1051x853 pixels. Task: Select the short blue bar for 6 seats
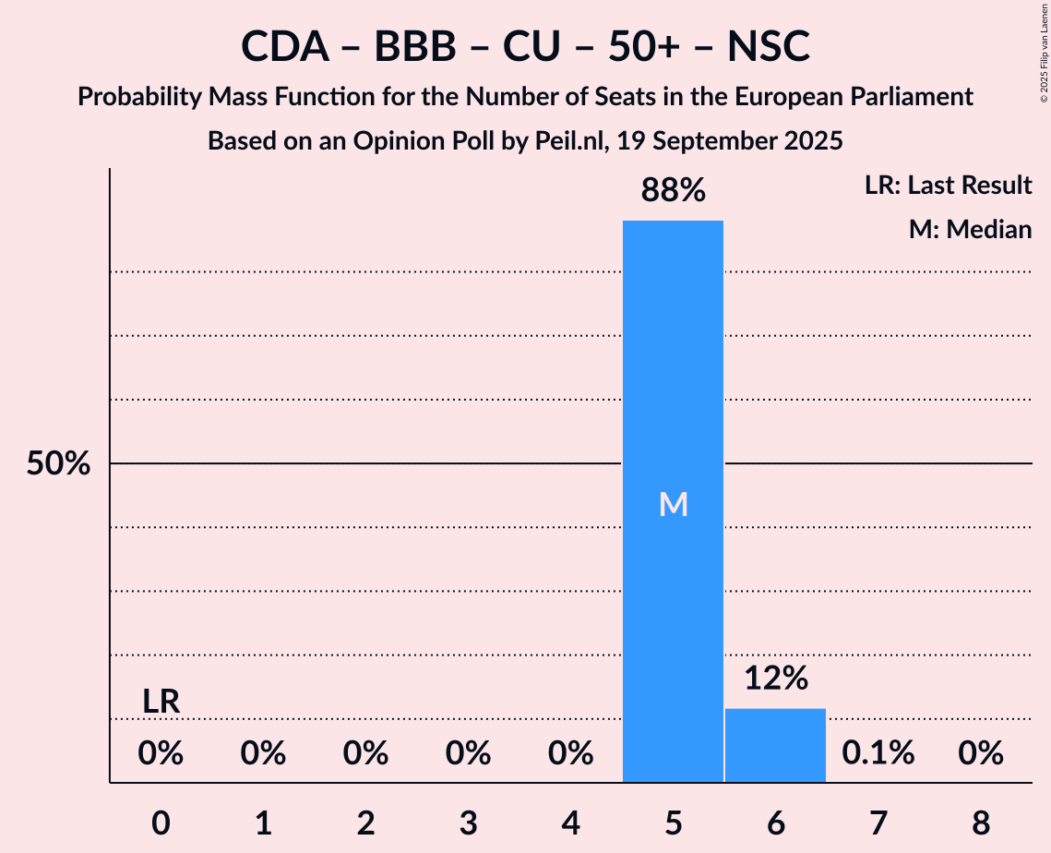pyautogui.click(x=775, y=745)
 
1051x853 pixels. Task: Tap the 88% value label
pyautogui.click(x=674, y=191)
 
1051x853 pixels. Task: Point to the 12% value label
pyautogui.click(x=776, y=679)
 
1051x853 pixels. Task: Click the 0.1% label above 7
pyautogui.click(x=878, y=753)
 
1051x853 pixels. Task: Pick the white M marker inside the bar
pyautogui.click(x=674, y=504)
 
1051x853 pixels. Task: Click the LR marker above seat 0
pyautogui.click(x=161, y=702)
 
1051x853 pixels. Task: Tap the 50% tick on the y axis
pyautogui.click(x=58, y=463)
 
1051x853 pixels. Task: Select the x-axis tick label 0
pyautogui.click(x=161, y=821)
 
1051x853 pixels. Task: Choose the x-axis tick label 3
pyautogui.click(x=468, y=821)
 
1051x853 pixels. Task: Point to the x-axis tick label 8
pyautogui.click(x=980, y=821)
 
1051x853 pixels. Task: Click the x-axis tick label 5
pyautogui.click(x=673, y=821)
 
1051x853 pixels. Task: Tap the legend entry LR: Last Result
pyautogui.click(x=949, y=186)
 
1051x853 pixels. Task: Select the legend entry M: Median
pyautogui.click(x=970, y=229)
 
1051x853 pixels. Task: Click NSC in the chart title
pyautogui.click(x=768, y=46)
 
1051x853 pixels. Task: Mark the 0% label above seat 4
pyautogui.click(x=570, y=753)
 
